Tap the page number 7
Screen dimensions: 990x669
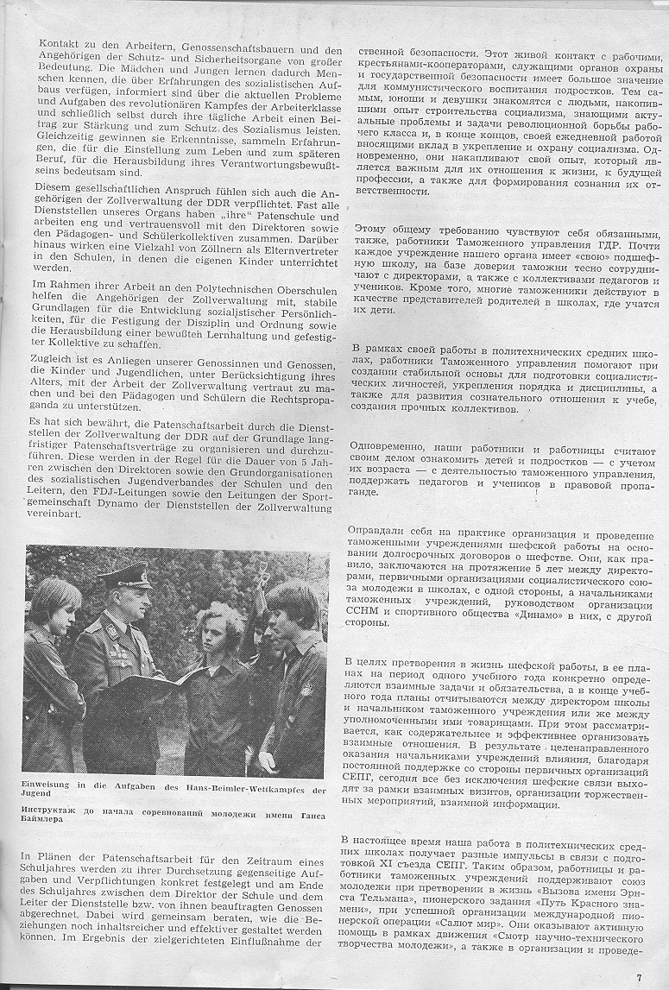pos(640,978)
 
